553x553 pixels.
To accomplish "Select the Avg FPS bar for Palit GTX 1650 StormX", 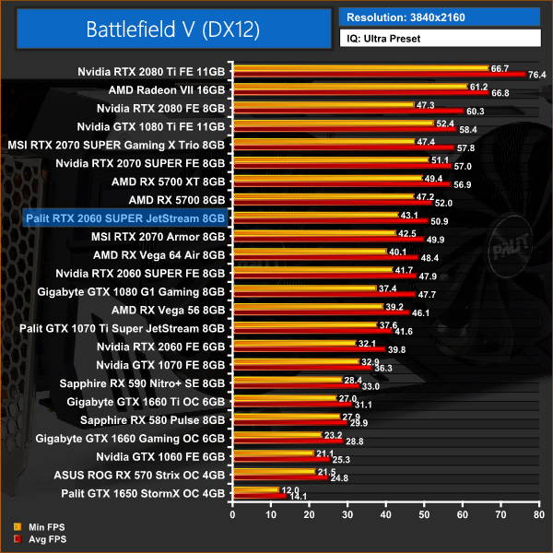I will [260, 495].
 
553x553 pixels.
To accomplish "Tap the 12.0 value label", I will [290, 489].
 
